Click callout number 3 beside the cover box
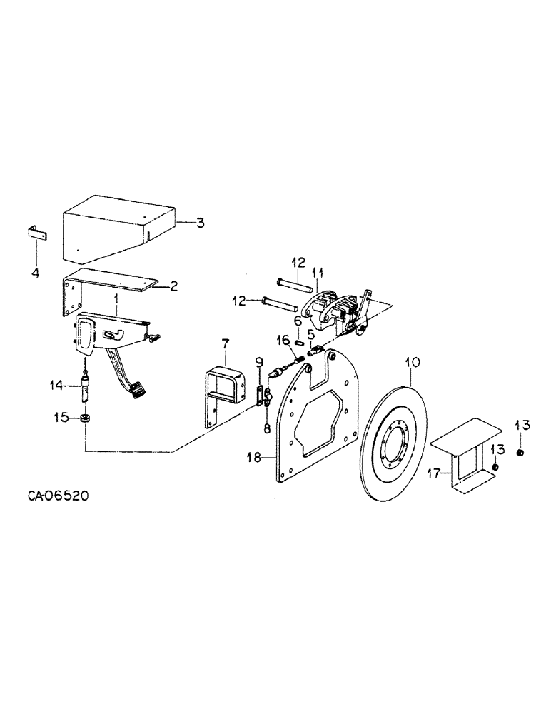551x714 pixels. pos(201,223)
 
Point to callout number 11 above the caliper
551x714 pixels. pos(318,271)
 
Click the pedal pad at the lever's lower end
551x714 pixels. pos(137,388)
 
